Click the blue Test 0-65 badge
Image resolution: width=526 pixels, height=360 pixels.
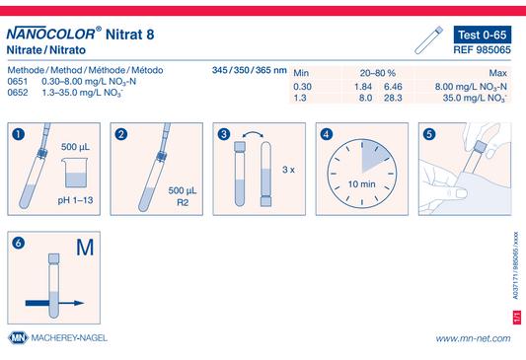click(x=483, y=35)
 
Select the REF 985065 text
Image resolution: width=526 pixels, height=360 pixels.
click(x=482, y=50)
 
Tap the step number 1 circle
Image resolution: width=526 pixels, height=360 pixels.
click(x=19, y=134)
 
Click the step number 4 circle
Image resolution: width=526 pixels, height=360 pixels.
click(x=327, y=134)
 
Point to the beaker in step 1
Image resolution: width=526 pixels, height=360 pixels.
click(x=75, y=173)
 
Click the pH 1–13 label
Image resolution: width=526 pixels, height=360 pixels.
click(x=75, y=200)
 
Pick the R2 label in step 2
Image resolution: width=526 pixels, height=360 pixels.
click(x=183, y=202)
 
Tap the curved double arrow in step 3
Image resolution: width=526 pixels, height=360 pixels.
click(x=253, y=133)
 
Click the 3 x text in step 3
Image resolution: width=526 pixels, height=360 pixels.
click(x=288, y=170)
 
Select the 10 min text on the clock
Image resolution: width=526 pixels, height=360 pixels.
click(x=361, y=184)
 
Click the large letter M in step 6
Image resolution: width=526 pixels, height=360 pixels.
click(x=85, y=248)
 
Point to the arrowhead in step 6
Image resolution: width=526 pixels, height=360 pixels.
click(x=79, y=303)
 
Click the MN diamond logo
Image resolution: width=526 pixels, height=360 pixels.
click(x=18, y=338)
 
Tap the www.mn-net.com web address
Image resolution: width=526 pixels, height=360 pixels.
click(x=474, y=338)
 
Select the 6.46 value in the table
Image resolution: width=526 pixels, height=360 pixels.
click(x=393, y=87)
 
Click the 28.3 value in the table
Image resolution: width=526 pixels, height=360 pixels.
click(x=393, y=98)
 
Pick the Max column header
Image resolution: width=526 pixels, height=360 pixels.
click(x=497, y=73)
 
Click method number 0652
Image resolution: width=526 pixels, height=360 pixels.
click(x=18, y=93)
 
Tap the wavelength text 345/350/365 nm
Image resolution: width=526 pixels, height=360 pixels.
click(x=250, y=70)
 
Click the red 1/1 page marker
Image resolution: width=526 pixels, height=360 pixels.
click(x=516, y=318)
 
